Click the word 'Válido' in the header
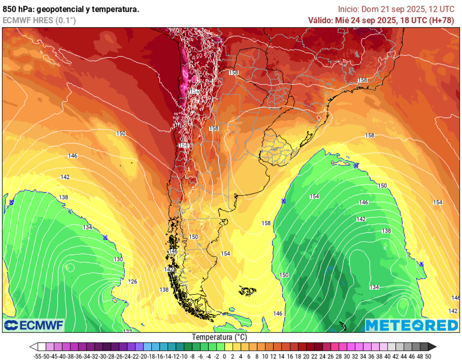[x=320, y=20]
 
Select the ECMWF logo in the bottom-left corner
[x=34, y=325]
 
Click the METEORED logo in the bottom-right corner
[x=411, y=325]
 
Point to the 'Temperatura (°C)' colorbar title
[x=219, y=337]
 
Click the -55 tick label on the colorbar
[x=38, y=356]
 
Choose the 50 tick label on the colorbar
[x=428, y=356]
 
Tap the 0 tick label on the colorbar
[x=224, y=356]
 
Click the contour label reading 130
[x=118, y=259]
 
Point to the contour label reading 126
[x=133, y=282]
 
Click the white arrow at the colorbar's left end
[x=33, y=347]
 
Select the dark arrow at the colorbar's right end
[x=432, y=347]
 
